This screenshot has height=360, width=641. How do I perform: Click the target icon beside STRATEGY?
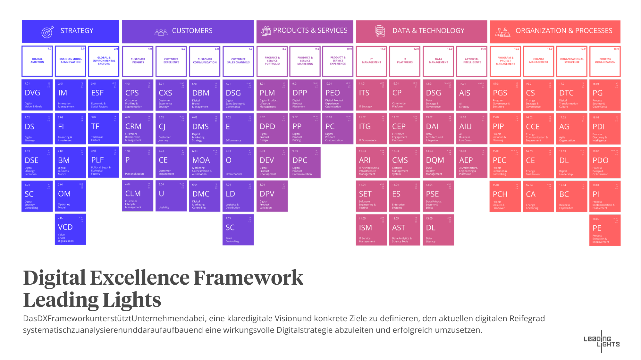click(47, 31)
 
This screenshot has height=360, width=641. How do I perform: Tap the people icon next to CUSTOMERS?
click(161, 32)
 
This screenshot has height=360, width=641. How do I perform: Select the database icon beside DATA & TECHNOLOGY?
click(380, 31)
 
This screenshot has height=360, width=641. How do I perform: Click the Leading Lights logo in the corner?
click(602, 342)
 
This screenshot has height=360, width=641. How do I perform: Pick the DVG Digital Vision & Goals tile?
click(37, 95)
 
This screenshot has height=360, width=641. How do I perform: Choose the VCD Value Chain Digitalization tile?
click(71, 229)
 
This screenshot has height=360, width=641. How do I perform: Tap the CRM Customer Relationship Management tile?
click(138, 129)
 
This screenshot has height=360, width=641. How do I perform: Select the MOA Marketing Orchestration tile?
click(205, 162)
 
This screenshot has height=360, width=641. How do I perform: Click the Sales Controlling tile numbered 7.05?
click(238, 230)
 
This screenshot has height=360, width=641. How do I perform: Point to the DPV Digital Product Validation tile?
click(272, 196)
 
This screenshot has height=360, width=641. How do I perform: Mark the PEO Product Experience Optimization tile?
click(338, 95)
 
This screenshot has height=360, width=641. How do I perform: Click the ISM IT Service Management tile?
click(371, 230)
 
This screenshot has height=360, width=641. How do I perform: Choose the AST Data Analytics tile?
click(405, 230)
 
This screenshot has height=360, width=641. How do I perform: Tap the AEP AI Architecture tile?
click(472, 162)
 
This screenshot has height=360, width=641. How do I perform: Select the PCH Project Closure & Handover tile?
click(505, 196)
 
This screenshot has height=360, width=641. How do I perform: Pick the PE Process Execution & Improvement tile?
click(605, 230)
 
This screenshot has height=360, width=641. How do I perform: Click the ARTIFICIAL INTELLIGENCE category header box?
click(472, 61)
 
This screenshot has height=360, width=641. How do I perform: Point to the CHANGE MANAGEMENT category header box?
click(539, 61)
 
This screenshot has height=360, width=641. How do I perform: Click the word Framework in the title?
click(248, 278)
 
